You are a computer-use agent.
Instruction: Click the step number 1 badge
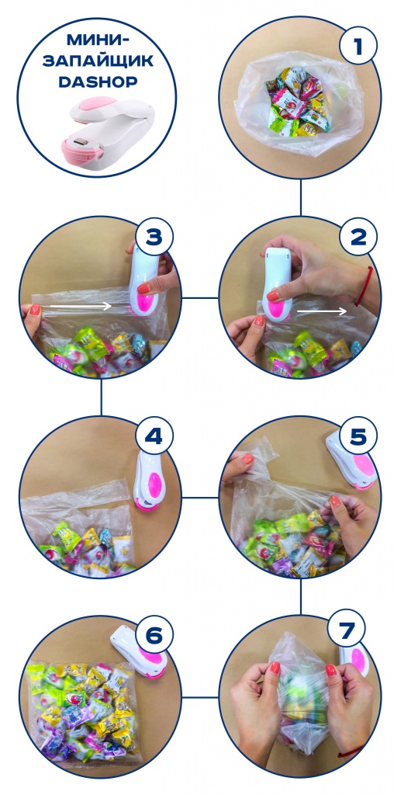[x=358, y=46]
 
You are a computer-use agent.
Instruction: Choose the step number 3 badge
[x=154, y=236]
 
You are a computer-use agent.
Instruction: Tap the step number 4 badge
[x=154, y=436]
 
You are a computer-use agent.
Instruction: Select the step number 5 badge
[x=358, y=436]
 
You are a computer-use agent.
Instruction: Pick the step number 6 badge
[x=154, y=635]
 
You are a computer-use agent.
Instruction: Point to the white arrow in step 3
[x=81, y=306]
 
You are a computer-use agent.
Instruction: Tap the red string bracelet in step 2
[x=365, y=286]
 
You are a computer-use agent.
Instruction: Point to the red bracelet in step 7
[x=350, y=752]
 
